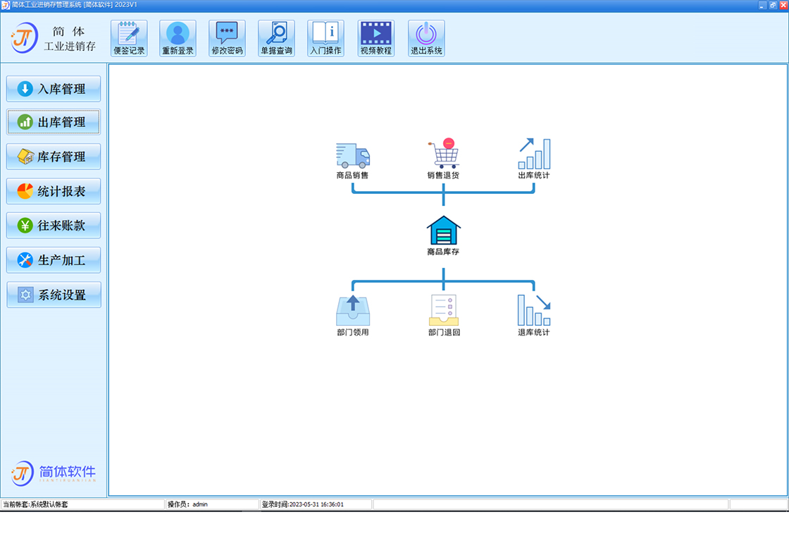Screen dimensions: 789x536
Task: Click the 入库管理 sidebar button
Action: click(54, 89)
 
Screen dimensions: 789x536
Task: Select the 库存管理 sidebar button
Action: click(54, 157)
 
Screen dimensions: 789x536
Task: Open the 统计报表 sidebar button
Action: click(54, 191)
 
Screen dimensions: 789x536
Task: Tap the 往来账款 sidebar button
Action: click(54, 225)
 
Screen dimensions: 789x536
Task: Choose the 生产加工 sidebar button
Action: click(54, 260)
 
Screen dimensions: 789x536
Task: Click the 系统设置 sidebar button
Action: click(54, 295)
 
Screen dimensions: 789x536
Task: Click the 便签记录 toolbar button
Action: click(129, 38)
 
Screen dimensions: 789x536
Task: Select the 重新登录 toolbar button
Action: click(178, 38)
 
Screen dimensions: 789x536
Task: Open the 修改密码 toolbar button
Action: click(227, 38)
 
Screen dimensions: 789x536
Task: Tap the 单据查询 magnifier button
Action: click(276, 38)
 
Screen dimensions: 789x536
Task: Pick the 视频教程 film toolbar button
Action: click(376, 38)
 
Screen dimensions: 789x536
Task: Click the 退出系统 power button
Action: click(426, 38)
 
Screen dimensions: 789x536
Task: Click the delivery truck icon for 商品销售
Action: click(353, 155)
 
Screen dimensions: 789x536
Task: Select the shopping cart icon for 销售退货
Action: click(444, 153)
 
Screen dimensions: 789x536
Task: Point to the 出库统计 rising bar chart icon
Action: click(535, 154)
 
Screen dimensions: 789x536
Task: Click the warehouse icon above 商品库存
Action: click(443, 230)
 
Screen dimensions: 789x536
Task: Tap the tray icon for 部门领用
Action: click(353, 310)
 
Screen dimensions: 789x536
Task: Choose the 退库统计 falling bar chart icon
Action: click(534, 310)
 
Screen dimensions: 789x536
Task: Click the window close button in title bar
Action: click(783, 5)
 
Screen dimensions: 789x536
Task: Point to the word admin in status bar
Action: click(200, 504)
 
